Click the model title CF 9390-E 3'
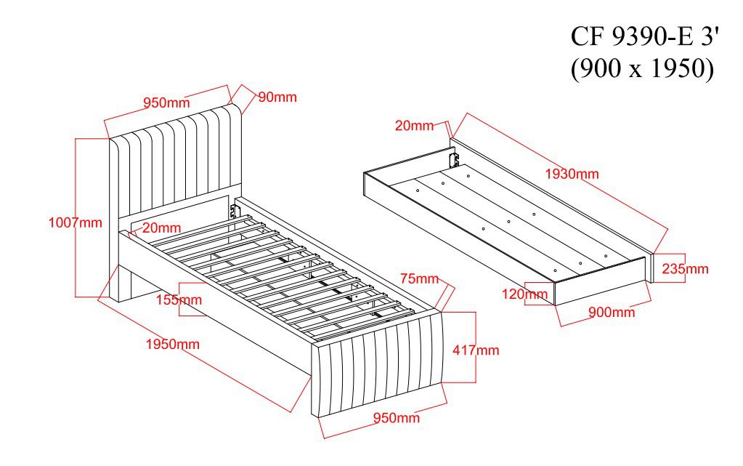[x=641, y=36]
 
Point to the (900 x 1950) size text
[x=641, y=68]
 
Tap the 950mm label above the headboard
[x=166, y=103]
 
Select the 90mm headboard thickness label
[x=277, y=97]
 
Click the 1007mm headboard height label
[x=76, y=222]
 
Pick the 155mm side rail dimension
[x=179, y=300]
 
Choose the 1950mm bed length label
[x=172, y=344]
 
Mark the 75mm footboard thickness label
[x=419, y=278]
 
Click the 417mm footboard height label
[x=476, y=350]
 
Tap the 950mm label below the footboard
[x=396, y=417]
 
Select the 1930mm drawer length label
[x=572, y=174]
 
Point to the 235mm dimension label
[x=685, y=269]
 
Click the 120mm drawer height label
[x=525, y=294]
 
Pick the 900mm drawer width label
[x=612, y=312]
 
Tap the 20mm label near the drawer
[x=414, y=125]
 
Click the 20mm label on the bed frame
[x=161, y=228]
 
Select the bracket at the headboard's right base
[x=232, y=211]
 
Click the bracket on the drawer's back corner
[x=454, y=160]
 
